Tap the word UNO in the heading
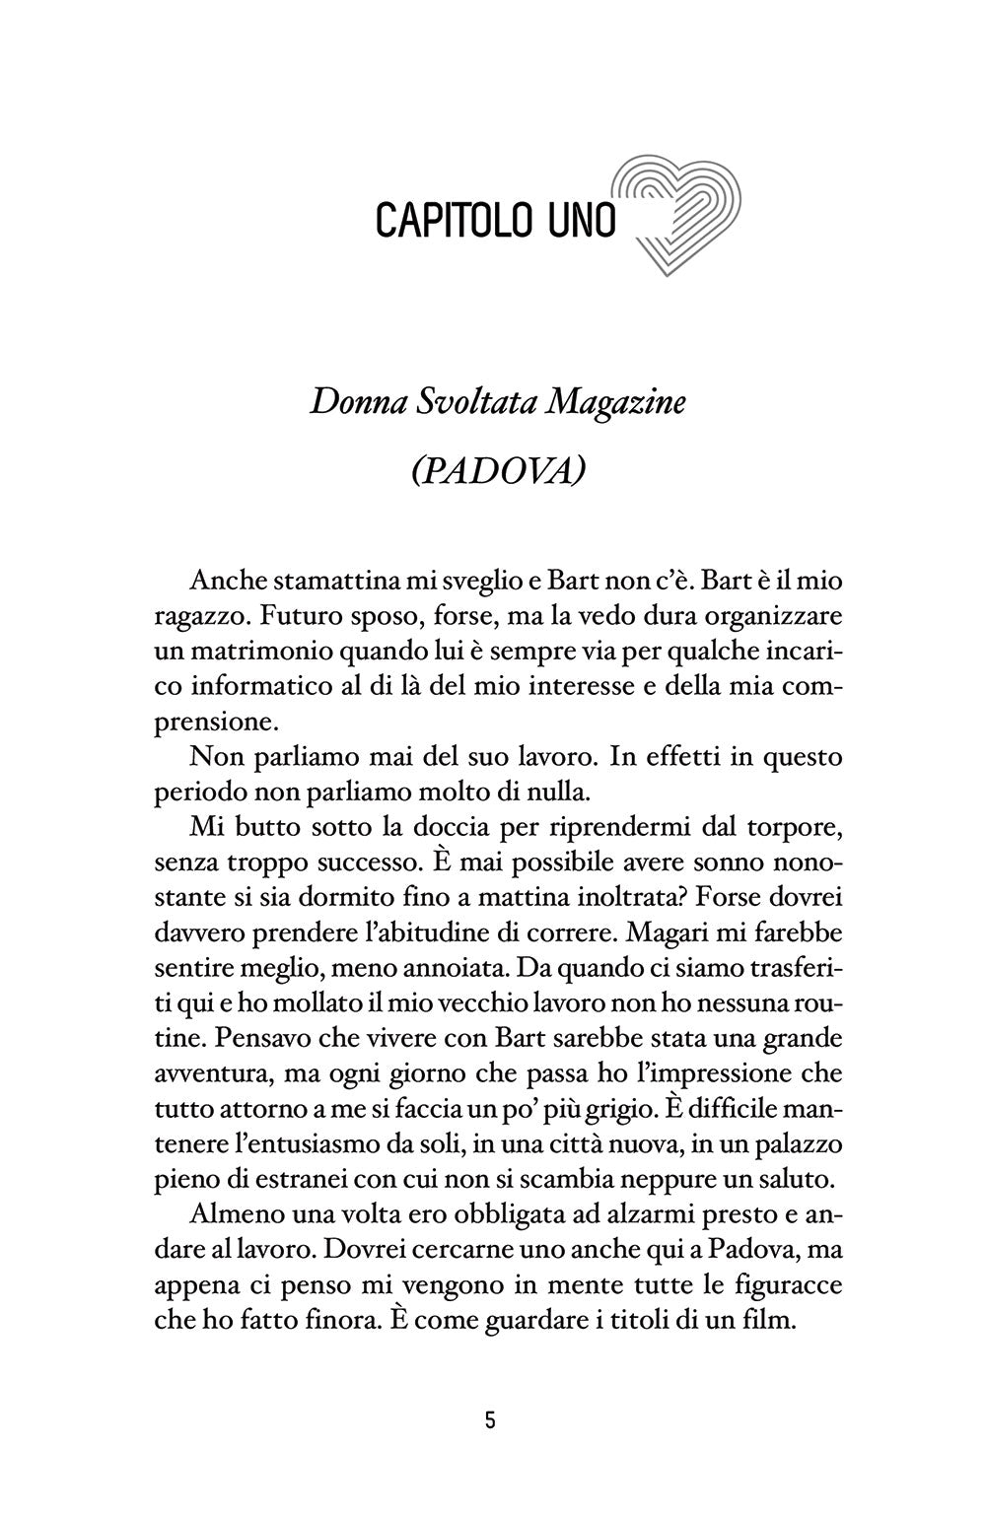pos(580,221)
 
